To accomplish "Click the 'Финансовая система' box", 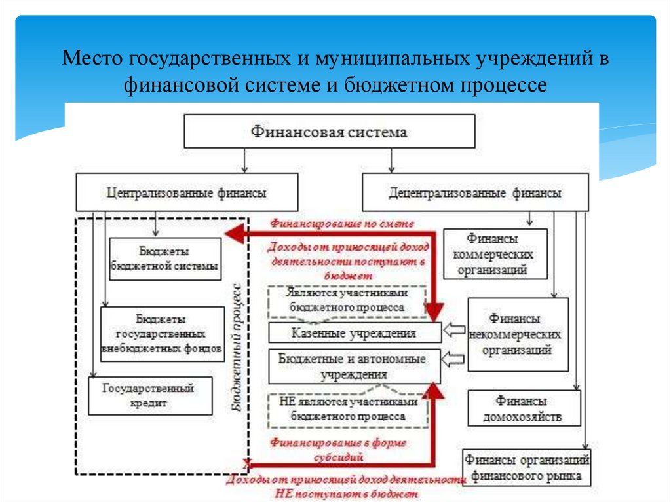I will pos(329,132).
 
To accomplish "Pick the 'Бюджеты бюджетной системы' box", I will pos(164,259).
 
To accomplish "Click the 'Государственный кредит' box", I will pos(150,395).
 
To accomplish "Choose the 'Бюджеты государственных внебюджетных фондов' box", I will pos(162,334).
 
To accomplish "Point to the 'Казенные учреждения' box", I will pos(353,333).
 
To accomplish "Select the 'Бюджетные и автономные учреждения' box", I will pos(353,367).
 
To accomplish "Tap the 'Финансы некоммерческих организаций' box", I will pos(517,334).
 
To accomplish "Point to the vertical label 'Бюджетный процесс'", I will pos(238,347).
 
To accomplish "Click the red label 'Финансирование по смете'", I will pos(342,223).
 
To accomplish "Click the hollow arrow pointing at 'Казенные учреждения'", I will pos(453,331).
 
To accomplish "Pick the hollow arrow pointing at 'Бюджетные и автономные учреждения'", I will pos(453,359).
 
